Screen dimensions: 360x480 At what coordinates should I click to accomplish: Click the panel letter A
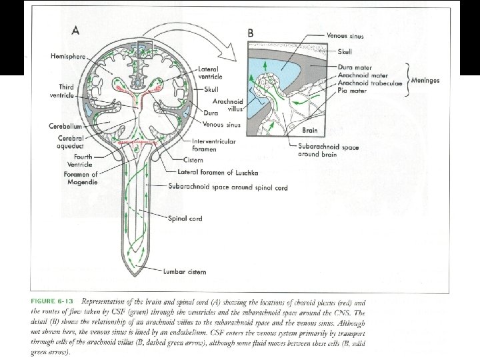pyautogui.click(x=77, y=30)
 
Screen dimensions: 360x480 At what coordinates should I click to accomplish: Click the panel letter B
pyautogui.click(x=251, y=32)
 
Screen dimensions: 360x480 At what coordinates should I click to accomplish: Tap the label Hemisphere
pyautogui.click(x=68, y=57)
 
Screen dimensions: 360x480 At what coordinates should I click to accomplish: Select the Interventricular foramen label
pyautogui.click(x=215, y=145)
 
